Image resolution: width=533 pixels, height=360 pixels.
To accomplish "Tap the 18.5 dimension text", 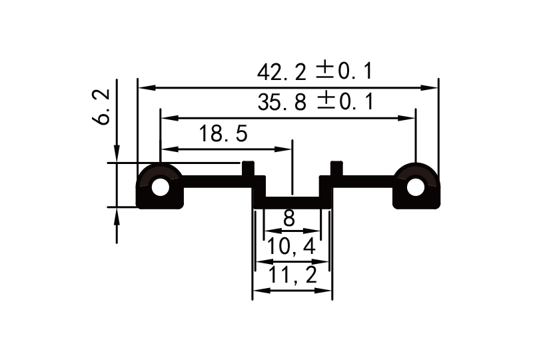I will (x=223, y=134).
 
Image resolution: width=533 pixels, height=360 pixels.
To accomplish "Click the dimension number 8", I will (x=289, y=218).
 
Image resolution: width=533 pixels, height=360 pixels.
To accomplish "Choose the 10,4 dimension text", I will (x=291, y=247).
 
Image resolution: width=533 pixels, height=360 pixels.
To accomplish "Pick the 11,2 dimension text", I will (x=291, y=275).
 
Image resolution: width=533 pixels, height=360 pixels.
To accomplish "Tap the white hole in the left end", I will (x=160, y=187).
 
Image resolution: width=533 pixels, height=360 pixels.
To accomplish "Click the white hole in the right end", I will (x=415, y=187).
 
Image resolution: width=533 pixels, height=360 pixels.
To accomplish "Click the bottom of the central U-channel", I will (x=292, y=202).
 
